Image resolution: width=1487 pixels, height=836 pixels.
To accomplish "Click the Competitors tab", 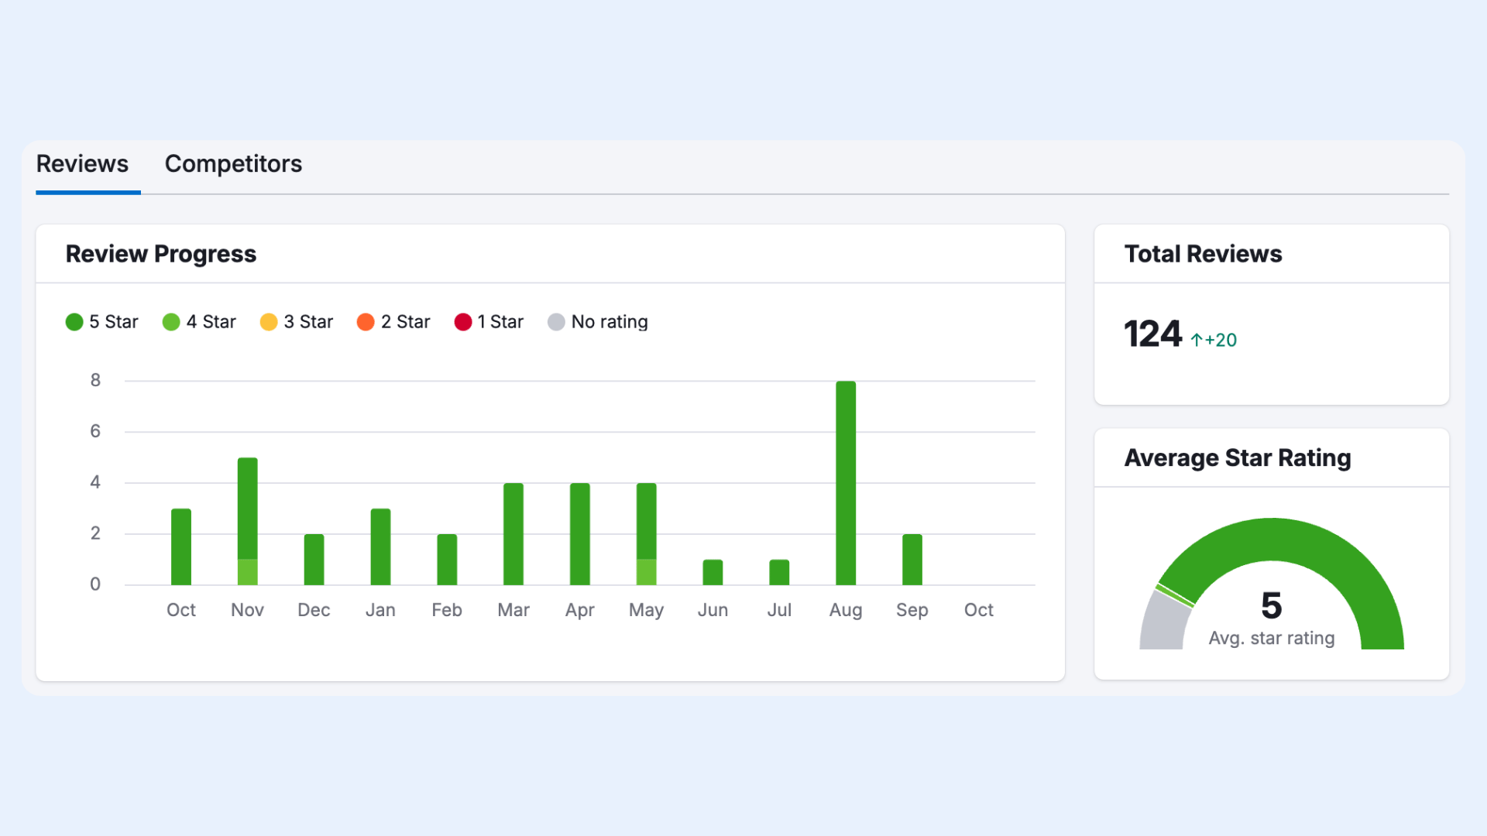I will (233, 164).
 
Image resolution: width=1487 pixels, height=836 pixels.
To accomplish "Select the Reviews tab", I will (82, 164).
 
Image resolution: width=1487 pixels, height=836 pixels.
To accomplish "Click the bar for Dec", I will (314, 559).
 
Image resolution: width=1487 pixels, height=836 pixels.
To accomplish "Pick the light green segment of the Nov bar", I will (247, 572).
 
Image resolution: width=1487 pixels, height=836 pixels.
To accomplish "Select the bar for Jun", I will (713, 572).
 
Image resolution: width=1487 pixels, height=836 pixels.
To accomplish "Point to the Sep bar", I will (912, 559).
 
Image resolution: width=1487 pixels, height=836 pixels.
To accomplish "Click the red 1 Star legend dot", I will (463, 322).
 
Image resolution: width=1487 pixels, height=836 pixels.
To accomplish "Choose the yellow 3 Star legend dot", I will (269, 322).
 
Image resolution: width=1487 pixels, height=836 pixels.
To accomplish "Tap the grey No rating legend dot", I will (556, 322).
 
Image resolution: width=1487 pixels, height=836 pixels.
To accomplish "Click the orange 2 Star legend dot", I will (366, 322).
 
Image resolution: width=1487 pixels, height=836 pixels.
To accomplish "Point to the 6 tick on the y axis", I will (95, 431).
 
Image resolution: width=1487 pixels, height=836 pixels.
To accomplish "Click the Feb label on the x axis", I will (447, 610).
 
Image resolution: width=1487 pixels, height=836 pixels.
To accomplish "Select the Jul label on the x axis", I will (779, 610).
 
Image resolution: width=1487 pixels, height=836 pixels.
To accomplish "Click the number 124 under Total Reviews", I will (1152, 334).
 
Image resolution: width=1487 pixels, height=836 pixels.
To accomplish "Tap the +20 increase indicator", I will (1214, 340).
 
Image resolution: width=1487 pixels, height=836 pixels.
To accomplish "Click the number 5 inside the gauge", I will (1272, 605).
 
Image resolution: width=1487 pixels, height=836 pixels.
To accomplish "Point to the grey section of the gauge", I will (1163, 623).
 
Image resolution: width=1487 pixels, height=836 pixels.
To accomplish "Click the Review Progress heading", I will (161, 254).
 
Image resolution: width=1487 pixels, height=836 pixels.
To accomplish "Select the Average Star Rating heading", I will (1238, 458).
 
